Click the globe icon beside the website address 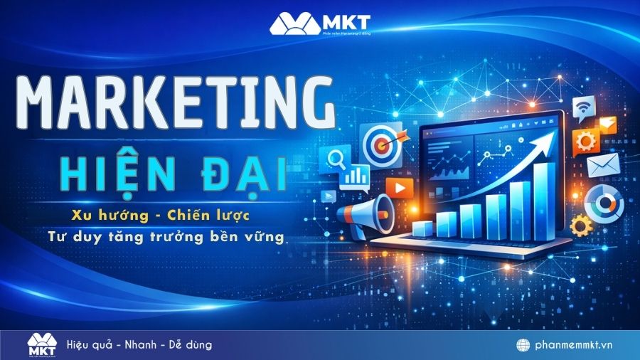pos(523,345)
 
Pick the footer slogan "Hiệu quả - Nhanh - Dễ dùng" pos(139,345)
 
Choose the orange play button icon pos(400,188)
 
